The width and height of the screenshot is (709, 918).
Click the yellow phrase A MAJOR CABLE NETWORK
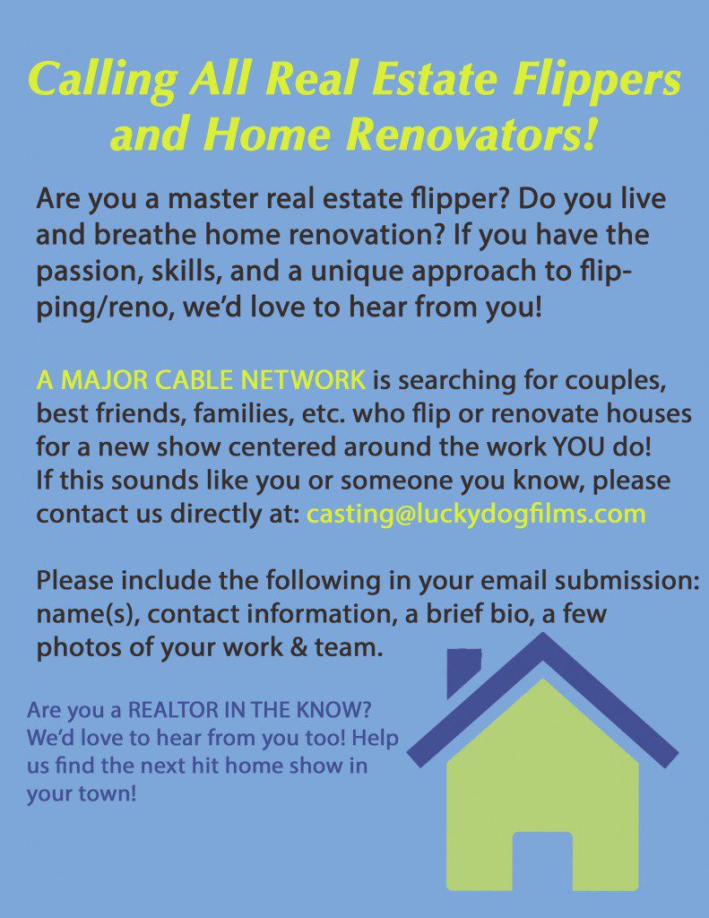pos(201,380)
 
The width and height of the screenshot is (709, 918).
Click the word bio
pos(480,615)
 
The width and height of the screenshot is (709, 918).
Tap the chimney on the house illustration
pos(463,670)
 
